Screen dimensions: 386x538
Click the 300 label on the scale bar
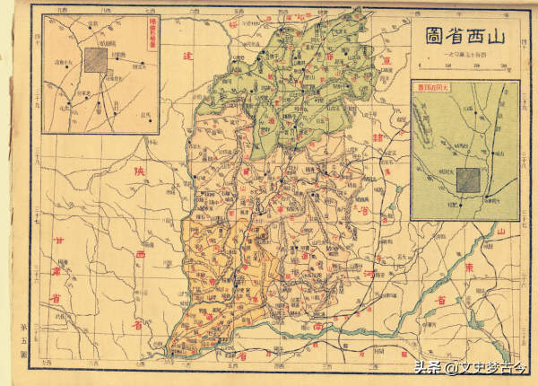pyautogui.click(x=504, y=66)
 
